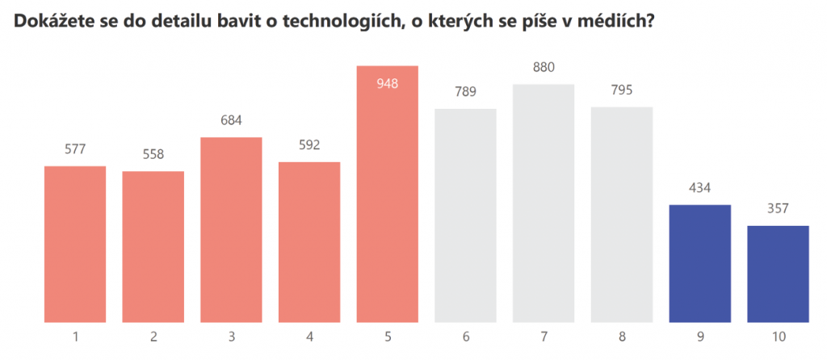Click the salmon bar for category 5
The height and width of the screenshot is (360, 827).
pos(387,202)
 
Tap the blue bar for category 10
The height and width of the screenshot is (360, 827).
pos(778,274)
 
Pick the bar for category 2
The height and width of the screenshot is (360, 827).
pos(153,246)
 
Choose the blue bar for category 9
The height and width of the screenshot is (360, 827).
pos(699,263)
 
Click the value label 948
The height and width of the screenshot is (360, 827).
pos(387,82)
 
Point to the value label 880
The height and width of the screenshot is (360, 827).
pos(544,68)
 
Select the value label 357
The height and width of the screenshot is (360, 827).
pos(778,209)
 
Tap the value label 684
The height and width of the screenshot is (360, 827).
pos(231,121)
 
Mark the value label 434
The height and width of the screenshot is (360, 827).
pos(699,188)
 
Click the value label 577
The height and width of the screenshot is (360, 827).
pos(75,149)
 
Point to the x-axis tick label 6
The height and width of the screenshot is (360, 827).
pos(465,336)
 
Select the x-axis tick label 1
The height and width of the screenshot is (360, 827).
pos(75,336)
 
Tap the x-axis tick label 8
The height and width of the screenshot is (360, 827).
pos(621,336)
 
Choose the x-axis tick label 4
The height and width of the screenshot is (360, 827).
pos(309,336)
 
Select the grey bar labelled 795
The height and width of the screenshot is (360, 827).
pos(621,214)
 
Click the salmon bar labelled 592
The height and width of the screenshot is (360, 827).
pos(309,242)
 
